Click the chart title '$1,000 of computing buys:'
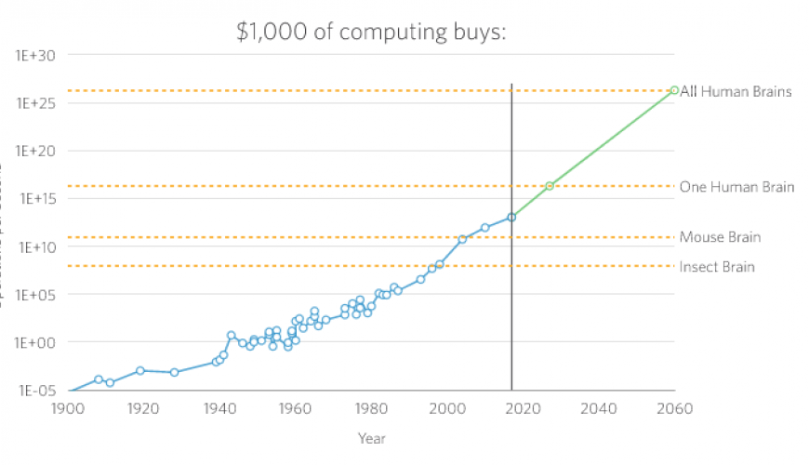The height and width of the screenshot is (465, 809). (x=371, y=33)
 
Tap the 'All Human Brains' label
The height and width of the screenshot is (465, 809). (x=736, y=91)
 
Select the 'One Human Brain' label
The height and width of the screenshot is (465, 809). (x=736, y=187)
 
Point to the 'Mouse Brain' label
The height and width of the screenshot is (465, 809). (x=720, y=237)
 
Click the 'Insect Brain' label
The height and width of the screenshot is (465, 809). (x=717, y=267)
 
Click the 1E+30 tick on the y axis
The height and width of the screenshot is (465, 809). (x=35, y=56)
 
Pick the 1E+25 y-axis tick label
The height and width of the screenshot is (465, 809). (x=35, y=103)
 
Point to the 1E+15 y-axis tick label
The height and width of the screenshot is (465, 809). (x=35, y=199)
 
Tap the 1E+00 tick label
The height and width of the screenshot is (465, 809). (x=35, y=342)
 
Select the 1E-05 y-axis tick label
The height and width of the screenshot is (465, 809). (x=35, y=391)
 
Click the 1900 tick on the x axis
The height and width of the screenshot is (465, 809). (x=67, y=407)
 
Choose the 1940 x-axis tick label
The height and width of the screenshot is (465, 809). (x=219, y=407)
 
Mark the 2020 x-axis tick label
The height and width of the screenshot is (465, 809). (x=524, y=407)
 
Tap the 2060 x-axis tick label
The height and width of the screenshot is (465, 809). (x=675, y=407)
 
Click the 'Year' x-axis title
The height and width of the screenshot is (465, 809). (x=371, y=438)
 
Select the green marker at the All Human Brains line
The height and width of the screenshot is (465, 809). (x=674, y=90)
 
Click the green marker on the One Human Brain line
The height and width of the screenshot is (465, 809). (x=550, y=186)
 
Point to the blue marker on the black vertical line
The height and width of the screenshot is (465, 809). (x=511, y=218)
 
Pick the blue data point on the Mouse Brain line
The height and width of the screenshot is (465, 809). (x=462, y=239)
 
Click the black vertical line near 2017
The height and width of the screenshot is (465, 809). (x=511, y=307)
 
